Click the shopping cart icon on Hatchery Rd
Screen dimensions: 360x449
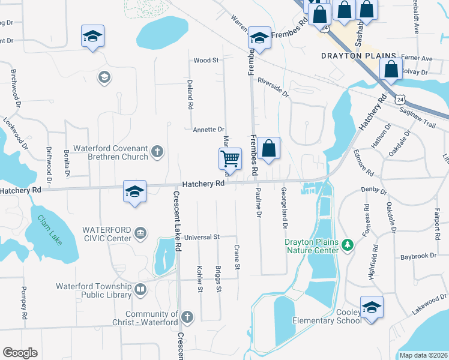tap(230, 160)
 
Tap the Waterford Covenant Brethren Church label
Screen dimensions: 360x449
tap(110, 152)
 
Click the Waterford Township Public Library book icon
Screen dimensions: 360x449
tap(140, 290)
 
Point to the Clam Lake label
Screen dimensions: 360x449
tap(49, 230)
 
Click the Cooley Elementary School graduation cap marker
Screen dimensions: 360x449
tap(372, 307)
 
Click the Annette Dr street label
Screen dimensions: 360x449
tap(208, 130)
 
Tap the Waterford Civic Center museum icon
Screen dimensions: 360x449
tap(140, 233)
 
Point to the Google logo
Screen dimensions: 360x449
tap(20, 353)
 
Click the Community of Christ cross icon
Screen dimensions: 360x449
tap(187, 317)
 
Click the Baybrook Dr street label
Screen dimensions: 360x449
tap(419, 256)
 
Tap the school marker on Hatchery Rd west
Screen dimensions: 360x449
tap(134, 191)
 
